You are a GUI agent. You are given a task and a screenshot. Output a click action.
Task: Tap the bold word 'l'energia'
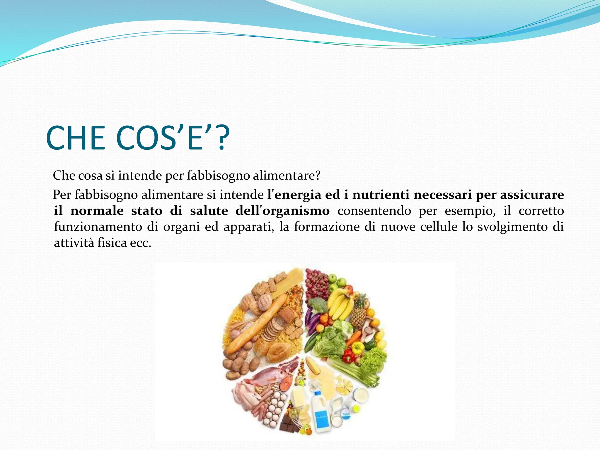294,195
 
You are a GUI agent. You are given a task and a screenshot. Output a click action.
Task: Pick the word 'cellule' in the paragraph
439,227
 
